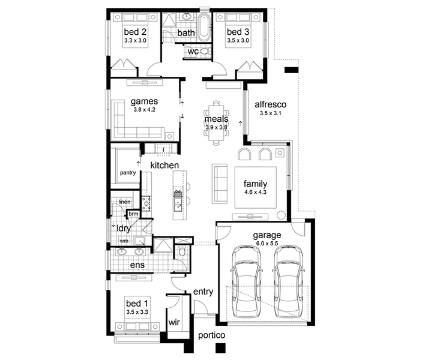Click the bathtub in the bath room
click(204, 27)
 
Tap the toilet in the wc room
click(206, 51)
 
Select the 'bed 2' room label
click(135, 32)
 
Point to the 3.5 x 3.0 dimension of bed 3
click(238, 40)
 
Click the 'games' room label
click(144, 101)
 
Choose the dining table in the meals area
click(216, 122)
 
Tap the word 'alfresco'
click(271, 104)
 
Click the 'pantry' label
click(128, 172)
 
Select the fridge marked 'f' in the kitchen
click(163, 149)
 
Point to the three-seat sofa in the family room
click(220, 183)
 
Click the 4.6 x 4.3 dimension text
click(255, 192)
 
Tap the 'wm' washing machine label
click(124, 241)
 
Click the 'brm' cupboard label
click(133, 214)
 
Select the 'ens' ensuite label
click(137, 265)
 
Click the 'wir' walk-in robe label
click(174, 322)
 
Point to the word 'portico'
click(211, 335)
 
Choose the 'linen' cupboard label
click(124, 202)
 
